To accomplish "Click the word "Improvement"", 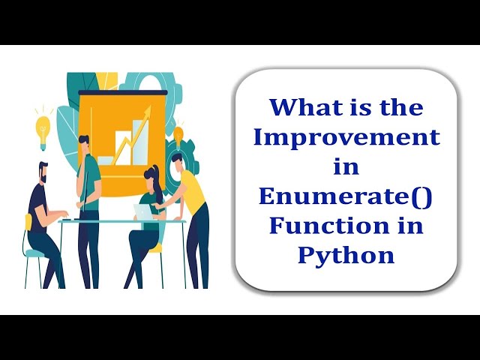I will tap(346, 138).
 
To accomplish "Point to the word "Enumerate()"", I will tap(346, 196).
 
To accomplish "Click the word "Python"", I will tap(346, 256).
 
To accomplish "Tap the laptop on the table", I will tap(142, 213).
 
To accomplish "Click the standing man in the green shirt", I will tap(88, 195).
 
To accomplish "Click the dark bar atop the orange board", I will tap(122, 92).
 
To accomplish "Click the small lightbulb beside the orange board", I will tap(178, 134).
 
